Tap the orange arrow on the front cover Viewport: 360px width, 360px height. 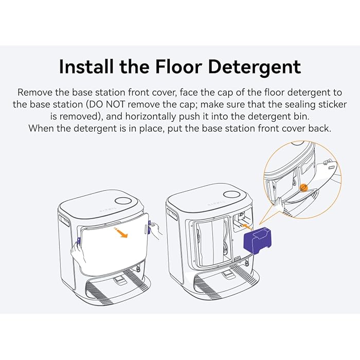120,234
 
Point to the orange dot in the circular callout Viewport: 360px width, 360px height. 304,188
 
